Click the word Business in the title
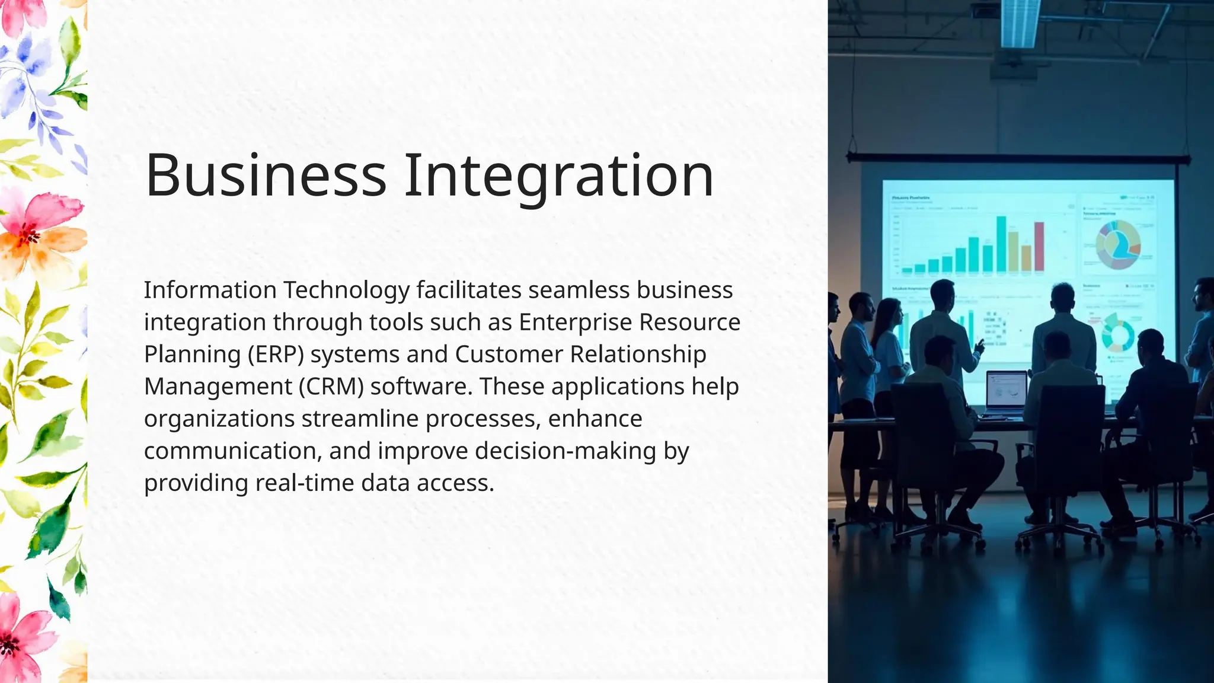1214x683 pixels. (266, 175)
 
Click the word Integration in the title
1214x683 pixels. (558, 177)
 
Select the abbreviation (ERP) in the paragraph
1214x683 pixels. (276, 355)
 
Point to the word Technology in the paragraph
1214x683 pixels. (346, 291)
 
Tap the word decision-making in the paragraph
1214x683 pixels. (566, 451)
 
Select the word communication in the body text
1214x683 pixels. (232, 451)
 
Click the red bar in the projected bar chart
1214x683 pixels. (1039, 246)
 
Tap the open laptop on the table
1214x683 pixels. (1006, 392)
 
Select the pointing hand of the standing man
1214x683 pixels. (979, 345)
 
